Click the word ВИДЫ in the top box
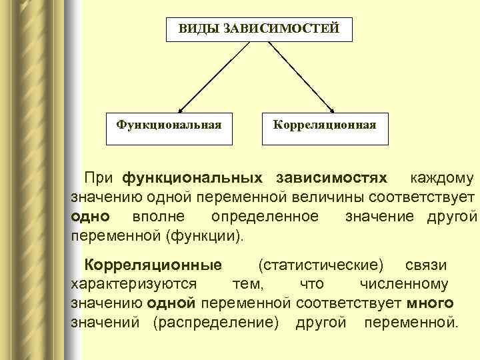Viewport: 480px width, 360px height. (195, 29)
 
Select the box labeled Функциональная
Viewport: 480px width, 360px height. (169, 124)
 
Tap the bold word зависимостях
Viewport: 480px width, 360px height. (331, 179)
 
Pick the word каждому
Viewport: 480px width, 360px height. (441, 179)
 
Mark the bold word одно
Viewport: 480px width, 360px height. (86, 217)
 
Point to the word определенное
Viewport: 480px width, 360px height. (264, 217)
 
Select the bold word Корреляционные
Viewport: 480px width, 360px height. (147, 265)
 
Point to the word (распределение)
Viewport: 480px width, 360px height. (215, 323)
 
